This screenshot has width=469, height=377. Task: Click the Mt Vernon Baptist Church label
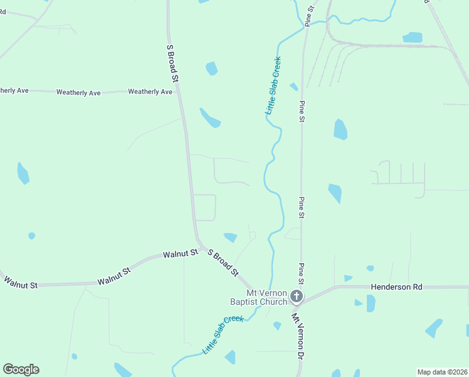click(x=258, y=297)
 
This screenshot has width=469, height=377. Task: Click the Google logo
click(x=21, y=369)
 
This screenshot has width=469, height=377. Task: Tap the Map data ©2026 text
click(x=442, y=372)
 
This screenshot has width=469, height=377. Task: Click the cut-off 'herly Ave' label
click(x=14, y=90)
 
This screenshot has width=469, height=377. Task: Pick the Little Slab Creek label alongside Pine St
click(x=273, y=85)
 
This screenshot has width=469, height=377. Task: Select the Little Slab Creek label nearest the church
click(x=223, y=334)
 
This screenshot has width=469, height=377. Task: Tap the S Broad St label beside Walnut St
click(x=223, y=263)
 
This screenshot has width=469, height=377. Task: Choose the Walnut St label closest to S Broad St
click(x=181, y=254)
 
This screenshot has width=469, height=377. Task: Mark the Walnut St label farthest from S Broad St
click(x=20, y=282)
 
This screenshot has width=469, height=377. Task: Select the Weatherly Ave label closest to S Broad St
click(x=150, y=92)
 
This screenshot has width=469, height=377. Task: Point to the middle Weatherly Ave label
click(x=78, y=92)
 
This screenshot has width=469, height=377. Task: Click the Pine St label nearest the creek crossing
click(x=308, y=15)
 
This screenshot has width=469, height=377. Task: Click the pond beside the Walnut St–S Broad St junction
click(x=231, y=238)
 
